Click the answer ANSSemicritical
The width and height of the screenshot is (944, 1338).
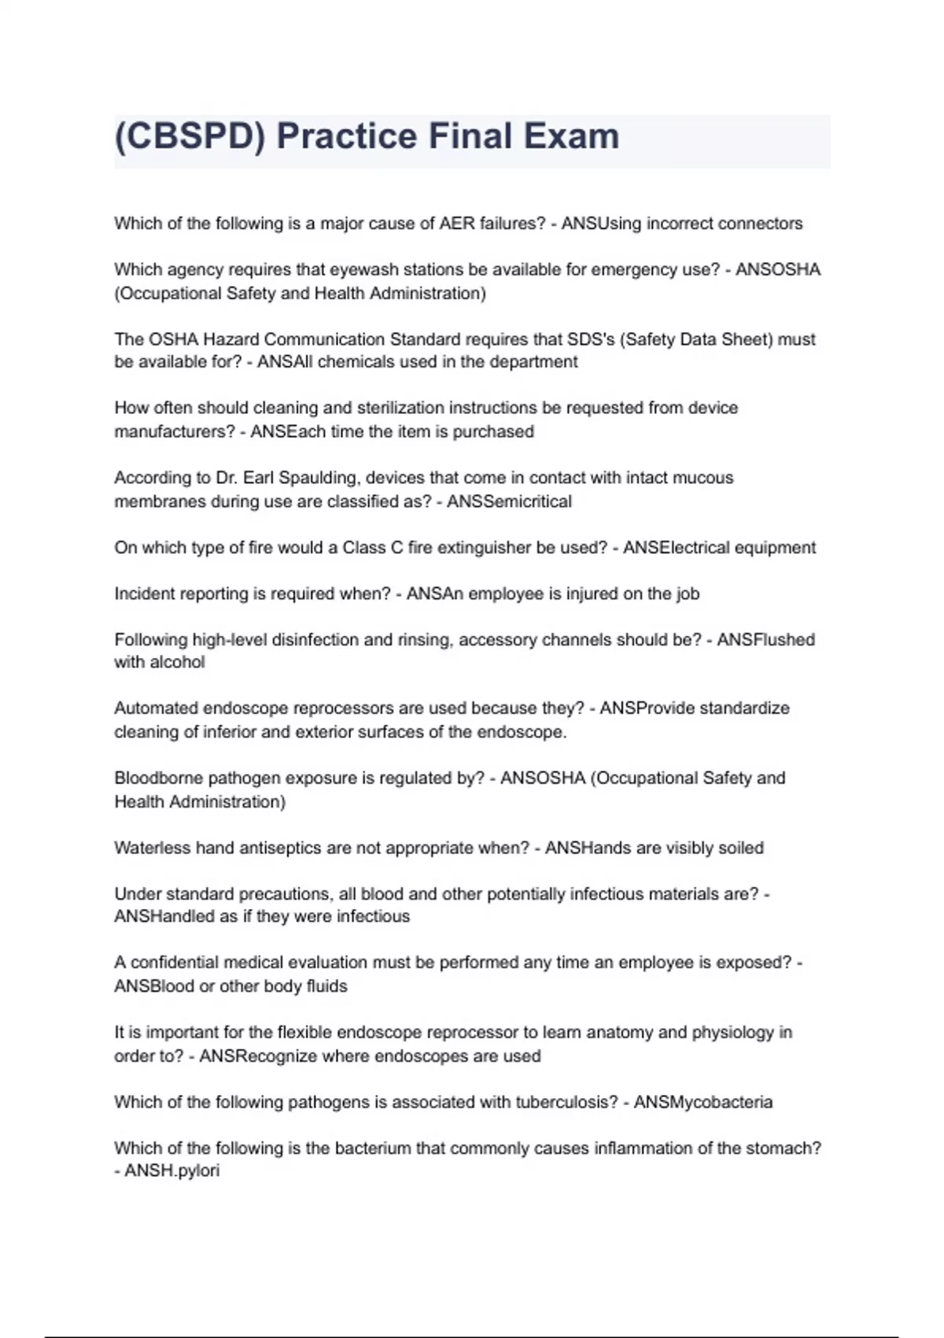point(509,501)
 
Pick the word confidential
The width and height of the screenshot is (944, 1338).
point(175,963)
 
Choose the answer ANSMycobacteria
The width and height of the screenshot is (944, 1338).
point(703,1103)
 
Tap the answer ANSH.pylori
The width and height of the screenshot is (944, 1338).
point(171,1171)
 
